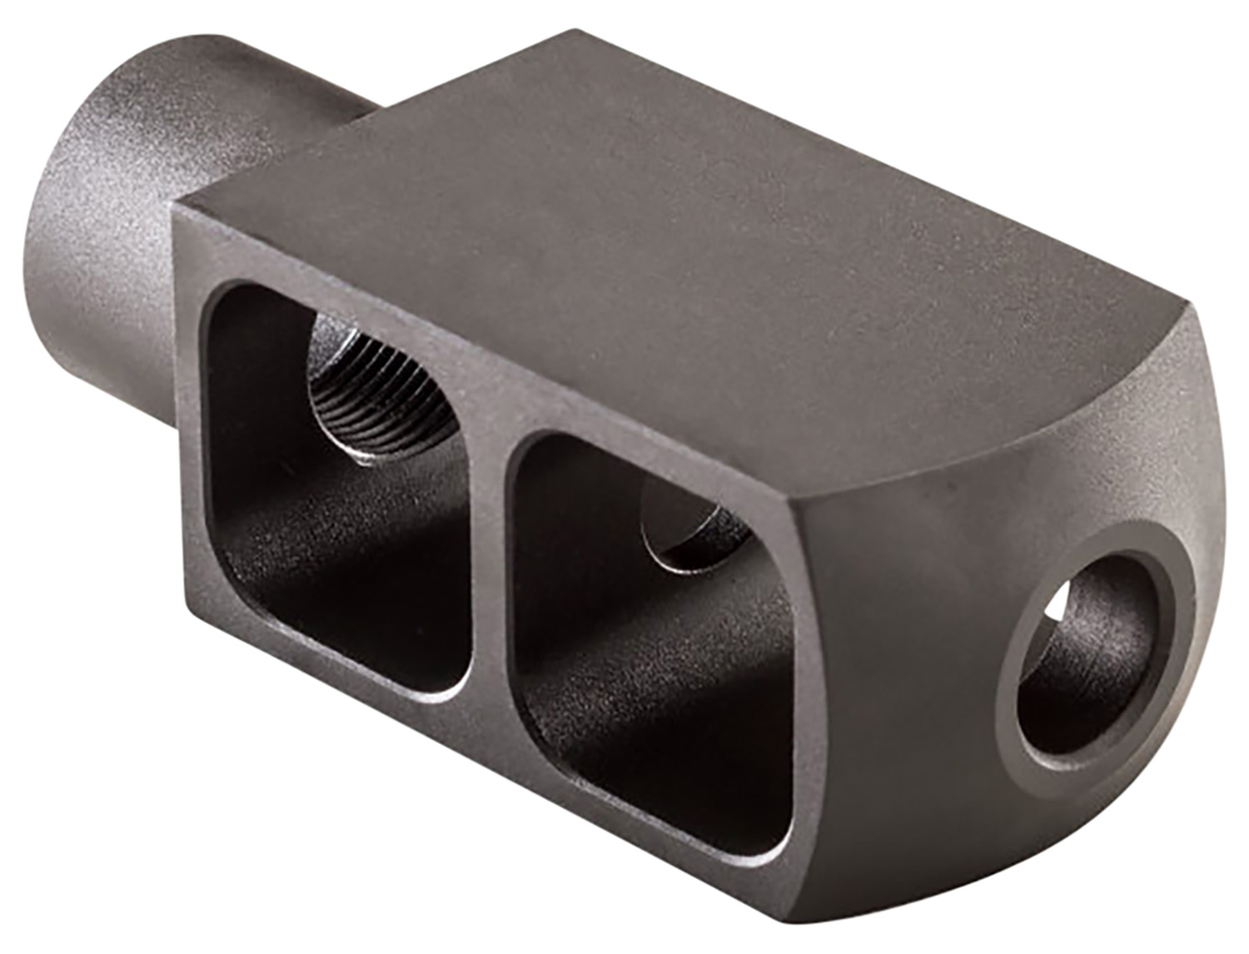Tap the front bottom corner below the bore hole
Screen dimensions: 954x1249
coord(983,899)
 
